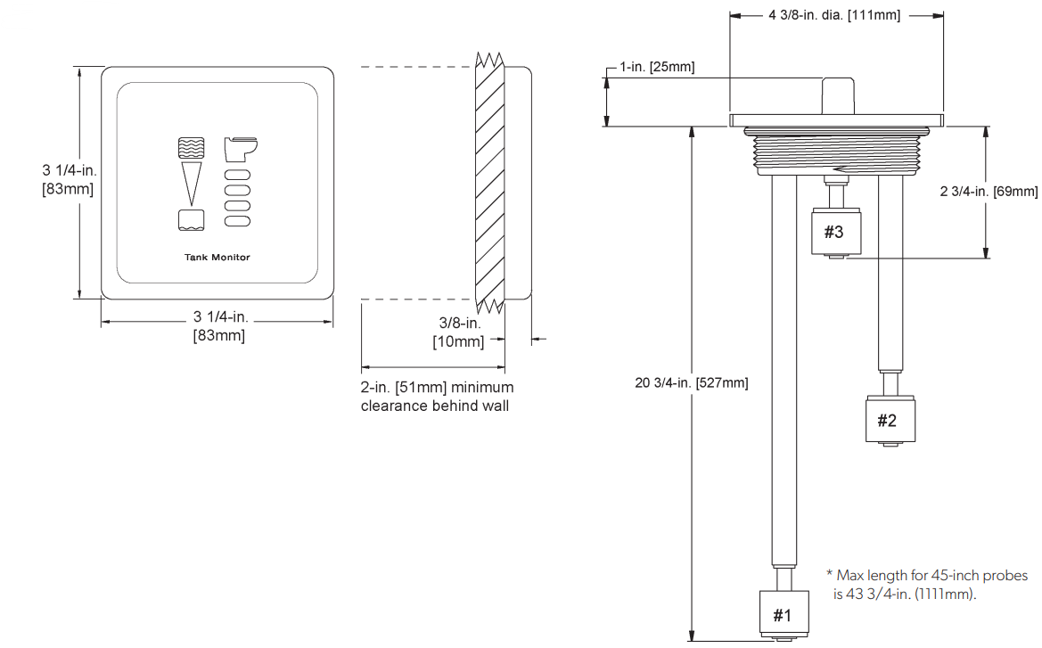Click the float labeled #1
(782, 613)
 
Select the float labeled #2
(886, 420)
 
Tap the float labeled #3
(833, 232)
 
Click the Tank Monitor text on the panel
(217, 258)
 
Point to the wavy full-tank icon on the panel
(191, 148)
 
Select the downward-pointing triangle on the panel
(191, 184)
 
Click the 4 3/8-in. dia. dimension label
(833, 15)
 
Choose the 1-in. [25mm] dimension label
(657, 67)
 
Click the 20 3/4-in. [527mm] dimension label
(691, 382)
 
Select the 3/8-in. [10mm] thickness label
(459, 332)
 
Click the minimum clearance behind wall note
(437, 397)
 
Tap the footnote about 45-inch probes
(927, 585)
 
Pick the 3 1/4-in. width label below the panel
(219, 326)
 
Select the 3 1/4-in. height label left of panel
(68, 179)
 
